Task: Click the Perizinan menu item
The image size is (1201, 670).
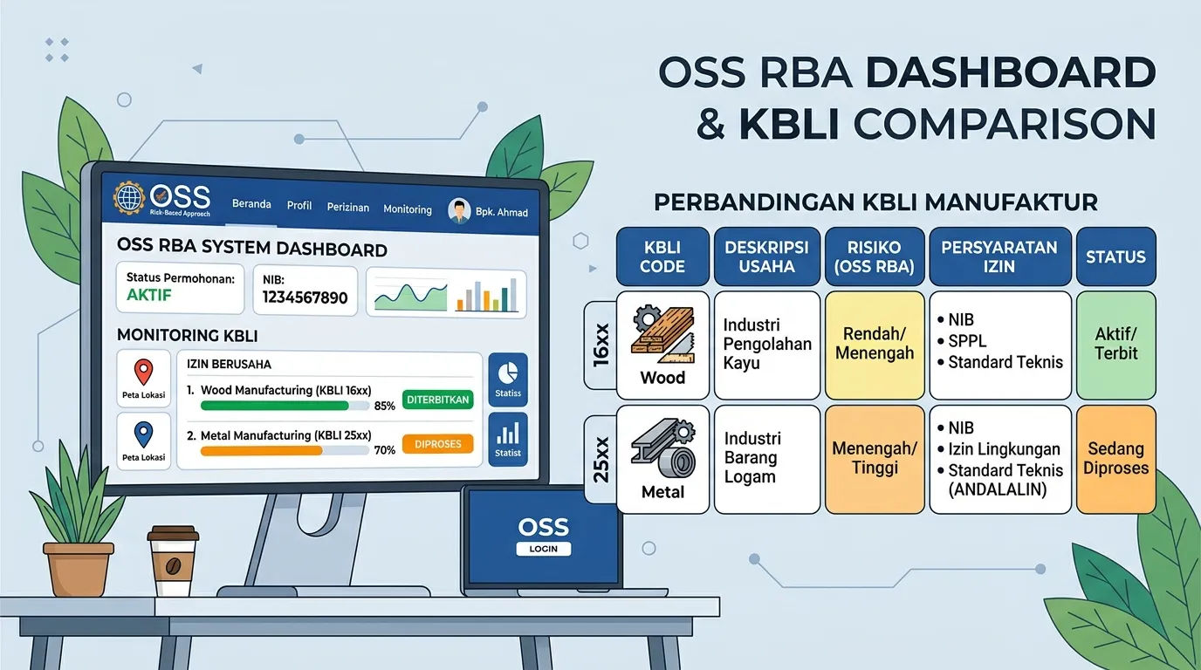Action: (348, 207)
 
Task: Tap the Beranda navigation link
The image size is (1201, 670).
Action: (251, 203)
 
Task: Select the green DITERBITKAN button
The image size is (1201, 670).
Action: (437, 400)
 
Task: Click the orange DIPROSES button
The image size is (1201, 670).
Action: (437, 444)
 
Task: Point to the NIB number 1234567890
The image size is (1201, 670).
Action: (305, 297)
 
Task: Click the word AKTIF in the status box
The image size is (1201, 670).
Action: (149, 295)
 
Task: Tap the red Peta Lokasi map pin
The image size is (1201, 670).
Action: (143, 372)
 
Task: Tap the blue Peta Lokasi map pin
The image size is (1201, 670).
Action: (143, 434)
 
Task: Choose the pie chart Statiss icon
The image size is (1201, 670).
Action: (508, 372)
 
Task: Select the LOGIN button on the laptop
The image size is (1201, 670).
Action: (543, 549)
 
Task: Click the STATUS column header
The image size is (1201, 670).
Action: (1115, 256)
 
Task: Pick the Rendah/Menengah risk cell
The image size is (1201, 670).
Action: (875, 345)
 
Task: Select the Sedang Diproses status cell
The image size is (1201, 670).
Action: (1115, 459)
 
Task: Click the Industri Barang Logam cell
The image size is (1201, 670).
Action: (766, 459)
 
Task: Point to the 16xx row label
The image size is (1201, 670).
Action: (601, 345)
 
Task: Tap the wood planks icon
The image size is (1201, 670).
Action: (662, 336)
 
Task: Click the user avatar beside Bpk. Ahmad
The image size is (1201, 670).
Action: (459, 210)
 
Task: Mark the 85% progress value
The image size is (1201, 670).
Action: (384, 406)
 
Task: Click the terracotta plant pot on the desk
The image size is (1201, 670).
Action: (79, 569)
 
